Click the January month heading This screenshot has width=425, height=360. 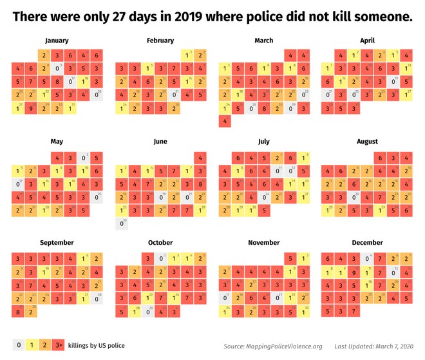pyautogui.click(x=57, y=41)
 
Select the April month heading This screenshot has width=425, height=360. pyautogui.click(x=368, y=41)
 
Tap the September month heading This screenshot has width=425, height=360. pyautogui.click(x=57, y=243)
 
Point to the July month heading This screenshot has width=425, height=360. pyautogui.click(x=264, y=142)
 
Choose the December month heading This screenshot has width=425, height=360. pyautogui.click(x=368, y=243)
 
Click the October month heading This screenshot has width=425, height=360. pyautogui.click(x=160, y=243)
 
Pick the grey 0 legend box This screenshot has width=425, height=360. pyautogui.click(x=19, y=345)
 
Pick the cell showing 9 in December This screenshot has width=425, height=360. pyautogui.click(x=355, y=271)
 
